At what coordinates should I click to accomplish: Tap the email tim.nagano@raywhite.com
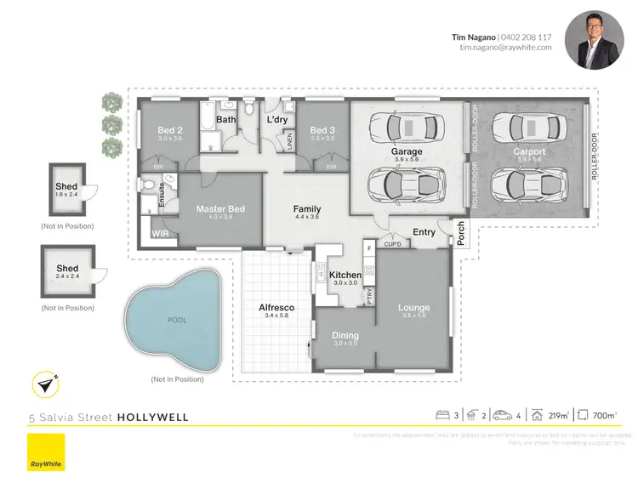pos(505,48)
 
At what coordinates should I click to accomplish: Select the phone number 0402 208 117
pos(527,37)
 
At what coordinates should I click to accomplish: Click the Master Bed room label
pos(220,209)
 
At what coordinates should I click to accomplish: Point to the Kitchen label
pos(346,276)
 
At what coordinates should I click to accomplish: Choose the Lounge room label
pos(413,308)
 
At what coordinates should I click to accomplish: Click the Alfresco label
pos(276,307)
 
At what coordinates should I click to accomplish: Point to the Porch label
pos(461,235)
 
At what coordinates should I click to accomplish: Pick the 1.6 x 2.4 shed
pos(66,191)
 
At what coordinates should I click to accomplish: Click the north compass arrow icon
pos(46,384)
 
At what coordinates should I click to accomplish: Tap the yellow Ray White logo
pos(46,452)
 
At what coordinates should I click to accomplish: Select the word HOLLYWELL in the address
pos(152,418)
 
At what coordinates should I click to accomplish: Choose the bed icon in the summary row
pos(442,416)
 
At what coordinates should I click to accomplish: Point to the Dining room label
pos(345,336)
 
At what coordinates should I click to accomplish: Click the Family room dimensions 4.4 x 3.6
pos(306,217)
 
